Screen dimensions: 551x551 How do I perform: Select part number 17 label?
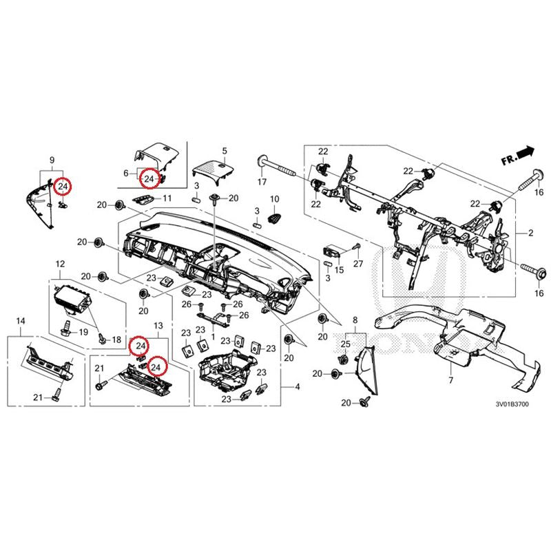pos(262,183)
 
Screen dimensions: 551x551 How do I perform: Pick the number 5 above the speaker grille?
pos(224,150)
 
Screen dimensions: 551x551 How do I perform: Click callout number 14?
pos(21,322)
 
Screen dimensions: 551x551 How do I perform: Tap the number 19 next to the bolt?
pos(83,333)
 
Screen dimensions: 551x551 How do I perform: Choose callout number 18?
pos(116,340)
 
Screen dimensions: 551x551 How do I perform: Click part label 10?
pos(273,199)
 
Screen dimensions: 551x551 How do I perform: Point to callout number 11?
pos(166,199)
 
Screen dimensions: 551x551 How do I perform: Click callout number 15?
pos(339,269)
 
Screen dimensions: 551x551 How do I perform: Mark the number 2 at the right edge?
pos(531,234)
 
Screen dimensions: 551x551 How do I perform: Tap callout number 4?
pos(298,388)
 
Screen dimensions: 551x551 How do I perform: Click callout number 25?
pos(345,343)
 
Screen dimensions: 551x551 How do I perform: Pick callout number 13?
pos(158,324)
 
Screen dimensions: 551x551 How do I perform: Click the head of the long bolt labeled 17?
pos(262,161)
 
